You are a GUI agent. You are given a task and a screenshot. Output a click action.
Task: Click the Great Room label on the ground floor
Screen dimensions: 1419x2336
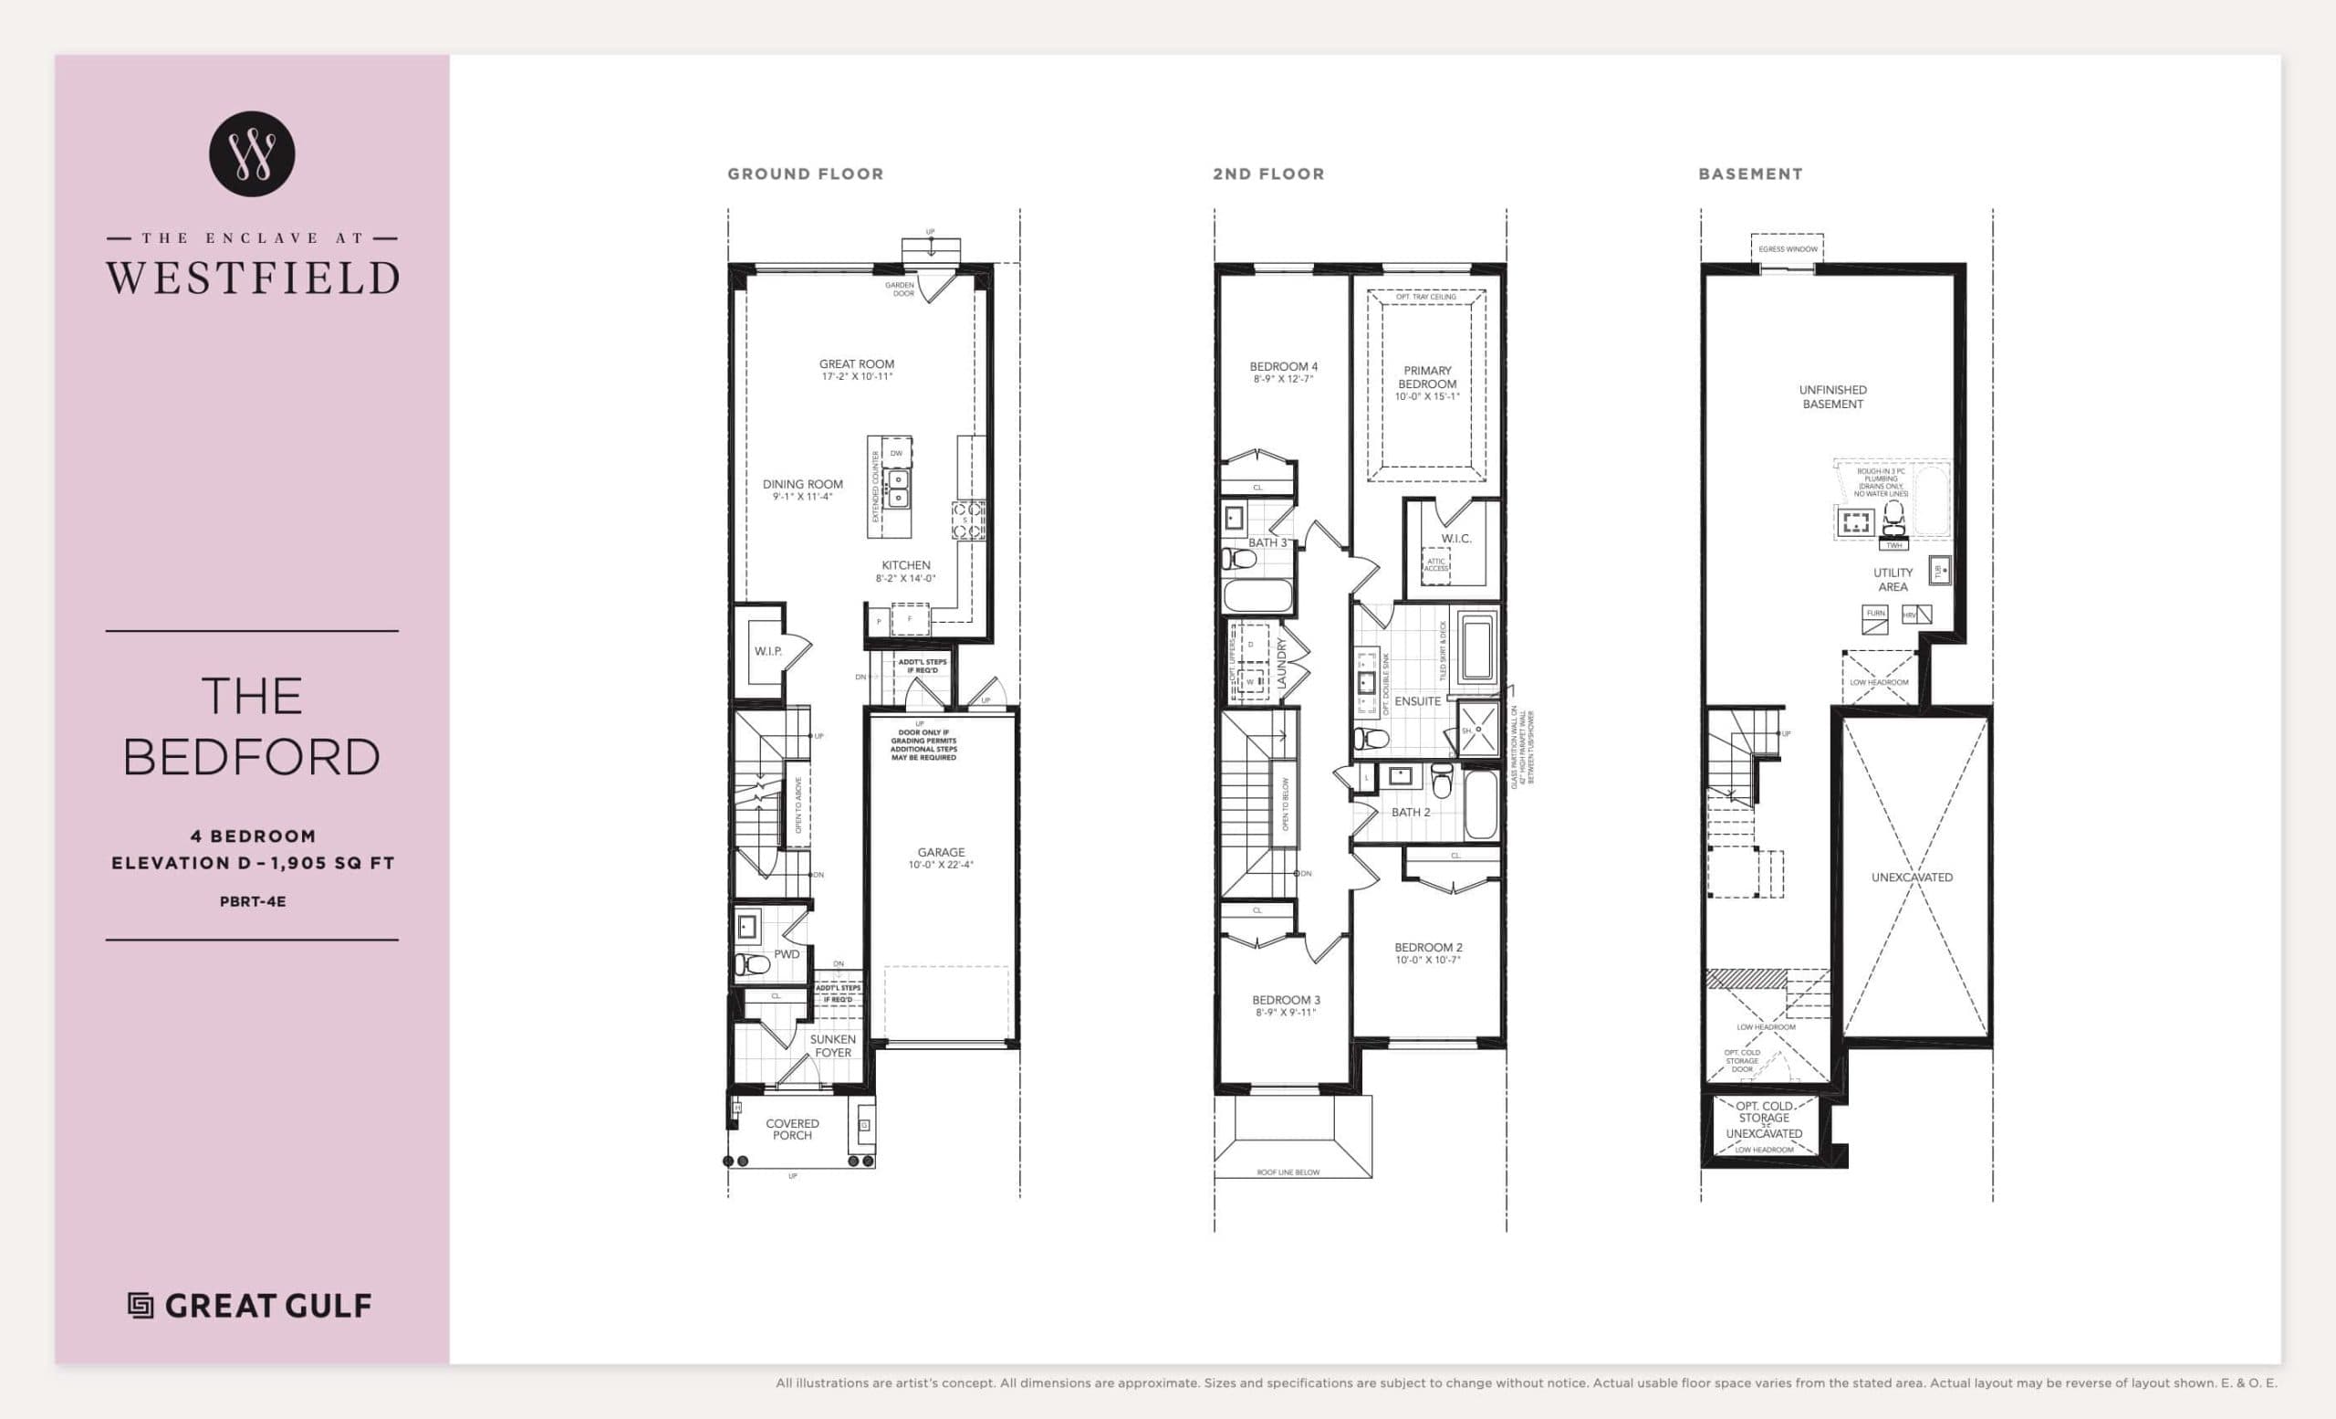856,364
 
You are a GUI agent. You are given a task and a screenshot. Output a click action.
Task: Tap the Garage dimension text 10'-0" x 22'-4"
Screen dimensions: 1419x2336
941,865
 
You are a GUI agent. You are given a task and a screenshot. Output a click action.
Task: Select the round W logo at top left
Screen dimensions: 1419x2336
252,153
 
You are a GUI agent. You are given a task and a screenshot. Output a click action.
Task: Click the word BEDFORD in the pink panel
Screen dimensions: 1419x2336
252,757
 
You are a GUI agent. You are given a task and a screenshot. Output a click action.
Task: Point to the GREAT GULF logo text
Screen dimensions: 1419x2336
267,1306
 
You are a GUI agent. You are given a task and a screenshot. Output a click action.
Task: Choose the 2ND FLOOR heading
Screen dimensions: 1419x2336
1268,174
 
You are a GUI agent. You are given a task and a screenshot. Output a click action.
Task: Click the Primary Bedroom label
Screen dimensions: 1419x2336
1427,377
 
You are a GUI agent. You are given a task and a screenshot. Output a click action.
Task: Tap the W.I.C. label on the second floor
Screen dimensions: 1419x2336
1456,539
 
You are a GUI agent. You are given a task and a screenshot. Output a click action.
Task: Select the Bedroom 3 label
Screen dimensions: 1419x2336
1286,1000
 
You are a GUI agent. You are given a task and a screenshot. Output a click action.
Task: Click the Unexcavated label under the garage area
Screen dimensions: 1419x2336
1912,878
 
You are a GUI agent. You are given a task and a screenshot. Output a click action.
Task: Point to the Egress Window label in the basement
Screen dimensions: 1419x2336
1788,249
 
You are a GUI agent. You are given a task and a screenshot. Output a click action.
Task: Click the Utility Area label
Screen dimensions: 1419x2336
1893,580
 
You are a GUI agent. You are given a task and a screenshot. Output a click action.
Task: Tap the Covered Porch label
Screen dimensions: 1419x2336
792,1129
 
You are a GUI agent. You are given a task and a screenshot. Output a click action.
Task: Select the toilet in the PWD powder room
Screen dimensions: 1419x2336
753,964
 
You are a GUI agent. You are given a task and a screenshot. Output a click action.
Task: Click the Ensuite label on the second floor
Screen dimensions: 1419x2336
1417,701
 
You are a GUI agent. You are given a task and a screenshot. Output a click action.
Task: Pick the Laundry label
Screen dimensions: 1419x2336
1282,663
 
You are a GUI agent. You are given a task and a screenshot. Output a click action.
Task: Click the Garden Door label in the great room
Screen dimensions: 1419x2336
900,289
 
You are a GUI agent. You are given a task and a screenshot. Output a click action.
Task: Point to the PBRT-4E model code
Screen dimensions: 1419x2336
252,902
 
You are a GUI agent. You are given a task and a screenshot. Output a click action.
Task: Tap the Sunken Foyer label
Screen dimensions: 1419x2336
832,1046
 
